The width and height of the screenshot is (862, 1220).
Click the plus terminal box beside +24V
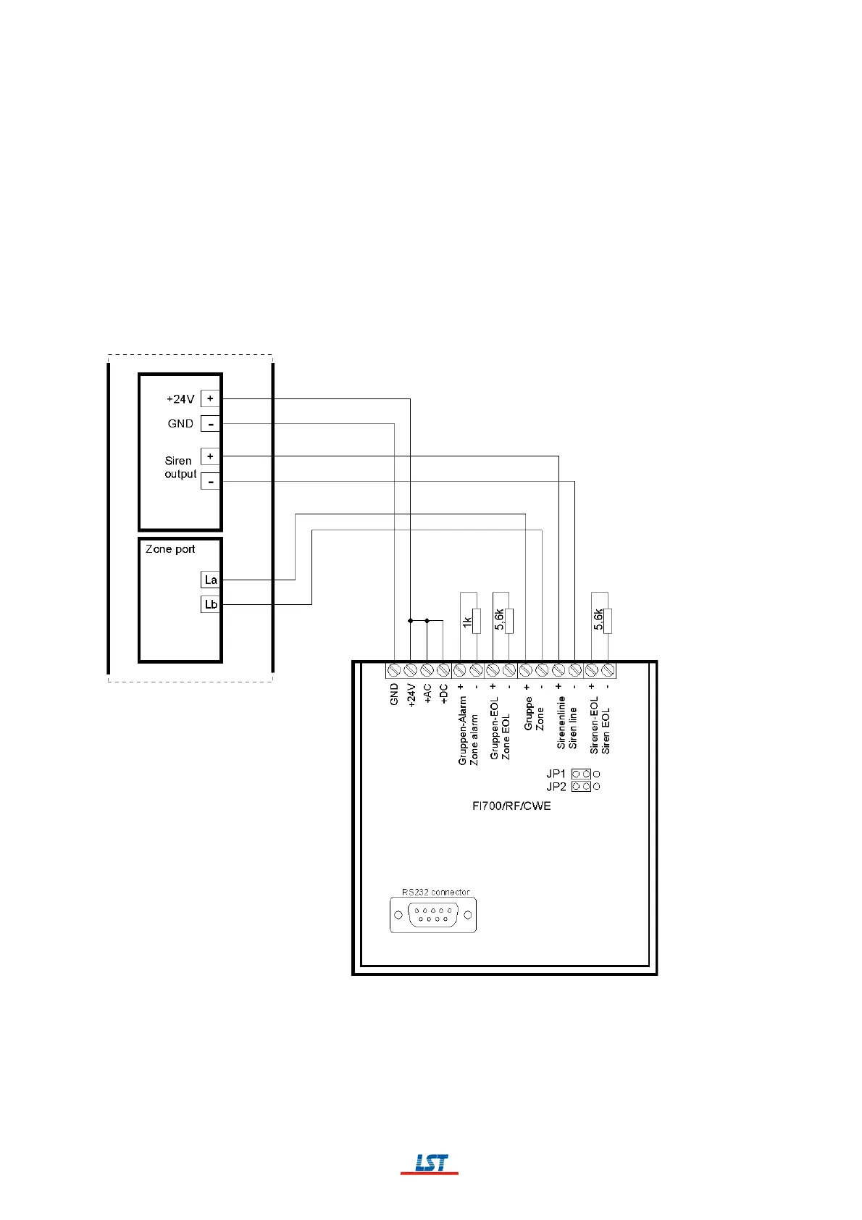pyautogui.click(x=210, y=398)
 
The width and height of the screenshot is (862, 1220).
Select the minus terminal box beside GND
pyautogui.click(x=210, y=424)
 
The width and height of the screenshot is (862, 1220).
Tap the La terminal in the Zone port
pyautogui.click(x=210, y=580)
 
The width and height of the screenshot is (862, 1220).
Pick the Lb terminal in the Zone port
pyautogui.click(x=210, y=604)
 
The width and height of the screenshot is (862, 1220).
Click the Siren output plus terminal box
pyautogui.click(x=210, y=456)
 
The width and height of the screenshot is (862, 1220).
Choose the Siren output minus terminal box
pyautogui.click(x=210, y=481)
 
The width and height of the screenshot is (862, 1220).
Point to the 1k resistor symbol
pyautogui.click(x=476, y=621)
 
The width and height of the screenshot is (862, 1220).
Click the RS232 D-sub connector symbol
pyautogui.click(x=433, y=915)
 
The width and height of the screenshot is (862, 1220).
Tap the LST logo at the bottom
pyautogui.click(x=430, y=1163)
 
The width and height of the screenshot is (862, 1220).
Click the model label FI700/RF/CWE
pyautogui.click(x=511, y=806)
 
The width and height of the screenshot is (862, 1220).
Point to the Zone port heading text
pyautogui.click(x=170, y=549)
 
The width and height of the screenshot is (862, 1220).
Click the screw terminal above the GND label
pyautogui.click(x=394, y=670)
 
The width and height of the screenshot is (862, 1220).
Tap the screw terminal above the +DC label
pyautogui.click(x=443, y=670)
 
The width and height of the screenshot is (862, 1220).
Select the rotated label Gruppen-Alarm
pyautogui.click(x=462, y=730)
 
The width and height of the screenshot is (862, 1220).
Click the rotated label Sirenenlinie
pyautogui.click(x=561, y=722)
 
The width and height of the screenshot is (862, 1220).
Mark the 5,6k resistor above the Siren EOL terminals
pyautogui.click(x=607, y=621)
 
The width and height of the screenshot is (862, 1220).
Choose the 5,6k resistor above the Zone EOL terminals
pyautogui.click(x=509, y=621)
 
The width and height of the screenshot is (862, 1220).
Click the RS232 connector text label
pyautogui.click(x=436, y=892)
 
